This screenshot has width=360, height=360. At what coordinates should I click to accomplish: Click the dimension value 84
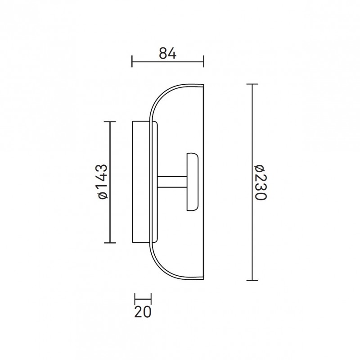coord(167,53)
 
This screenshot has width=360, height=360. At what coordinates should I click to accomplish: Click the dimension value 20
coord(143,311)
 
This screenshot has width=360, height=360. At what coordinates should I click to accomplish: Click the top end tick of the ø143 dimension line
coord(110,122)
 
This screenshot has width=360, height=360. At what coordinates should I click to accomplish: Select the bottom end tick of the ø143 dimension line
coord(110,243)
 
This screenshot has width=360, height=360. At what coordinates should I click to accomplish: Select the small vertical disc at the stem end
coord(192,182)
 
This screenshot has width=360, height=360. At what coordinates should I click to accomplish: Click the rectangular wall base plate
coord(140,182)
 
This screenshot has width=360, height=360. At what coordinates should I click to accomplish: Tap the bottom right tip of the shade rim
coord(203,280)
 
